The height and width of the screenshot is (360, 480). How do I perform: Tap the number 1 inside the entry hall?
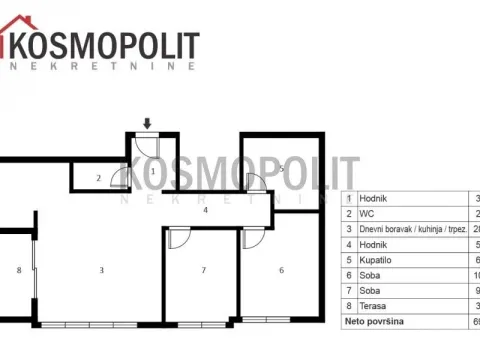coord(152,171)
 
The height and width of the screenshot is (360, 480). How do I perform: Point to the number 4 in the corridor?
coord(204,211)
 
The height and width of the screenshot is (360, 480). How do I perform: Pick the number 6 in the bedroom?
coord(281,270)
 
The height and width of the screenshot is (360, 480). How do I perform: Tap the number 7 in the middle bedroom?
coord(203,270)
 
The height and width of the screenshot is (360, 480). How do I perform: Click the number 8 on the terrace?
coord(18,270)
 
